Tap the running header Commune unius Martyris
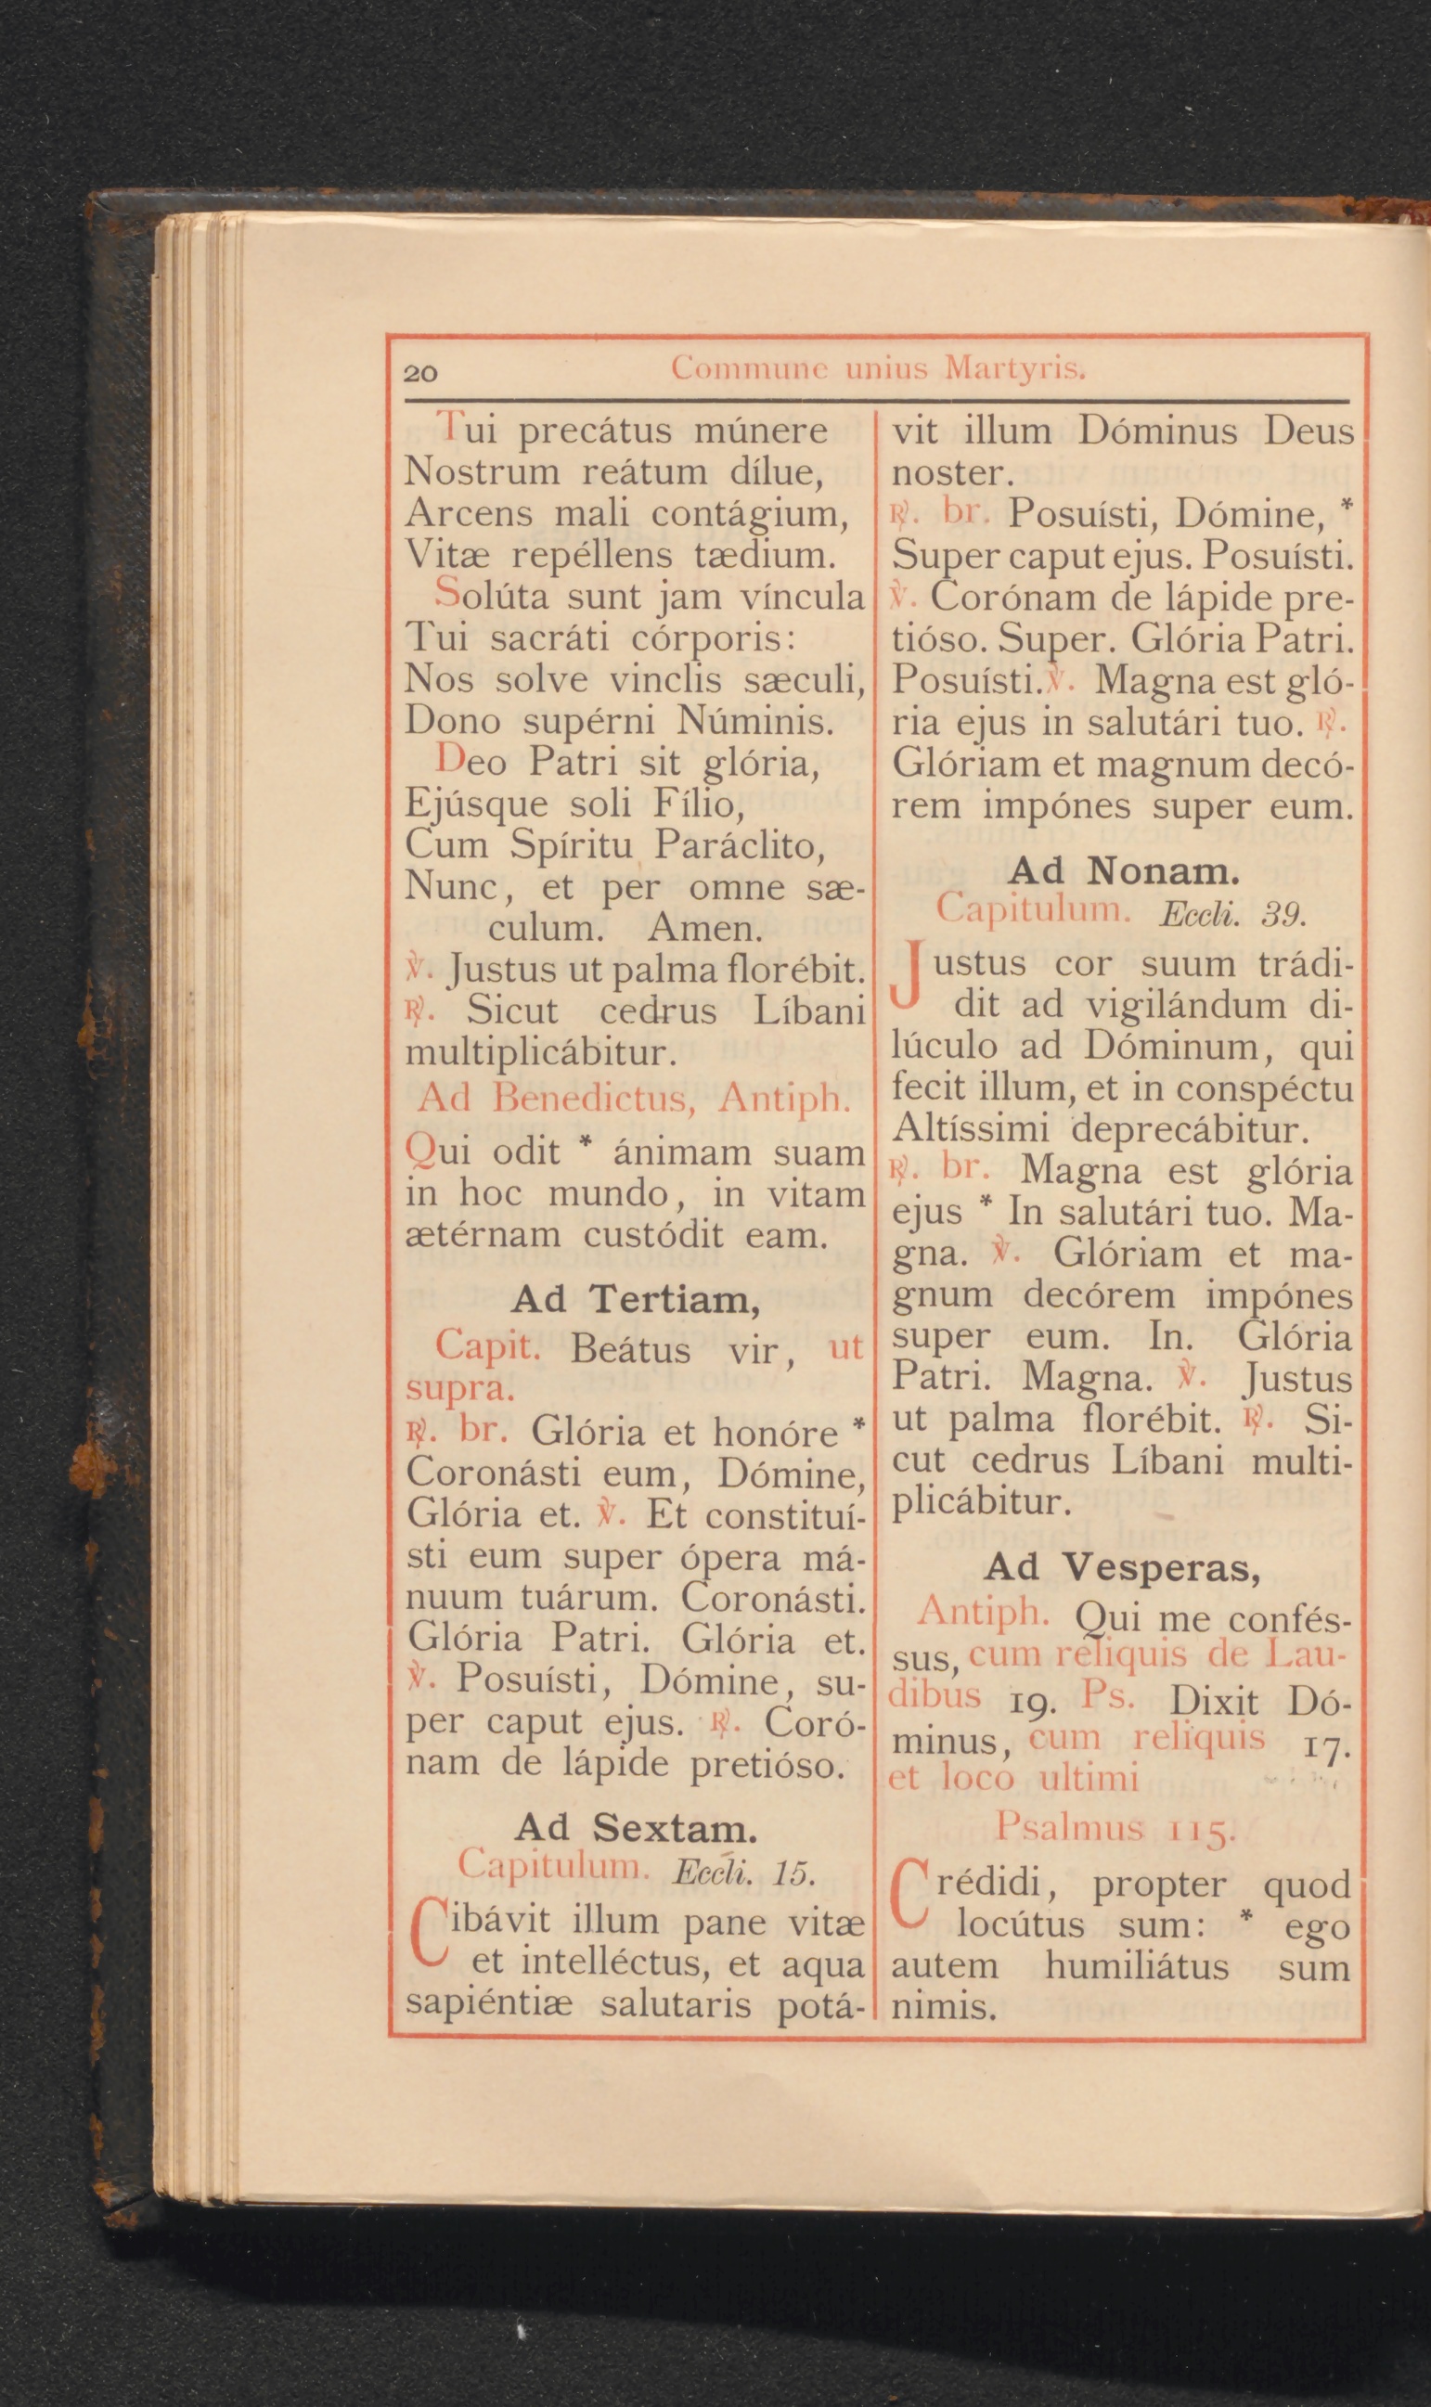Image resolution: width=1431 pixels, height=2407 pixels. [x=879, y=367]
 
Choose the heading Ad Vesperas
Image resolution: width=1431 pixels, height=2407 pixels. [x=1122, y=1568]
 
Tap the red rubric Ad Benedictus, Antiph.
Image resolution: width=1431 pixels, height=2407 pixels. [x=634, y=1098]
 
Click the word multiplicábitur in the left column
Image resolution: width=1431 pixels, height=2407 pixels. [x=536, y=1050]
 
